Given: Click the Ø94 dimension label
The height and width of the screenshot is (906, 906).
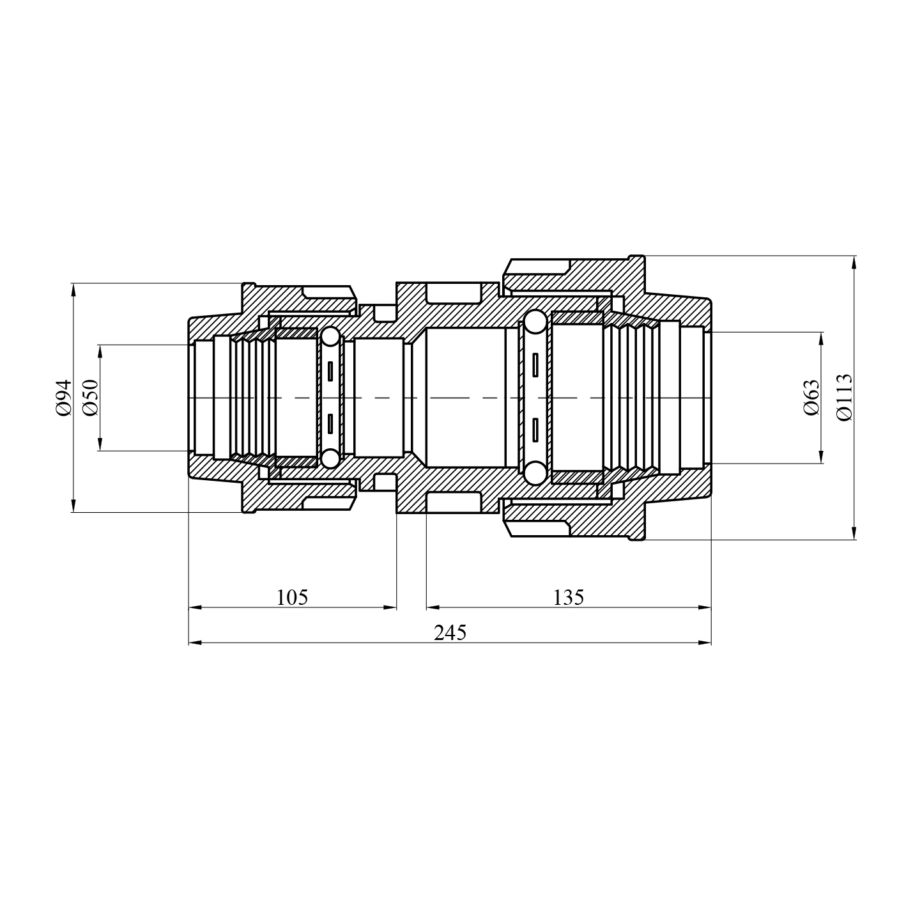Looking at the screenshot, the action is point(63,397).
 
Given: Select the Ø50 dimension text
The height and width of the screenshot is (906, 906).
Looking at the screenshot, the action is point(90,397).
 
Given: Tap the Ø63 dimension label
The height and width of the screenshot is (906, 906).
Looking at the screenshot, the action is point(811,397).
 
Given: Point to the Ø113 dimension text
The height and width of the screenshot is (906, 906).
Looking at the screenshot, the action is point(844,397).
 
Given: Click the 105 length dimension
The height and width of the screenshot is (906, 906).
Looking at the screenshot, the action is point(292,597).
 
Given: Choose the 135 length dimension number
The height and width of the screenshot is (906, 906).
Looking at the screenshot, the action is point(569,597).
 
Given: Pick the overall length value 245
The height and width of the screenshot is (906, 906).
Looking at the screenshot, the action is point(450,632).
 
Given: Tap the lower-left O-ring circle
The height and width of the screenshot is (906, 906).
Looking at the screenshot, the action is point(330,458).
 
